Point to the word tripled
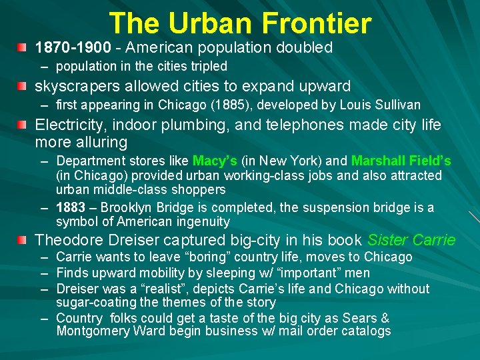pos(205,67)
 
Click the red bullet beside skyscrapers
pos(23,86)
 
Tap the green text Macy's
pos(214,161)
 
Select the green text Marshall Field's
pos(401,161)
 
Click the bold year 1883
pos(71,208)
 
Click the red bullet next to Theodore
pos(23,240)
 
